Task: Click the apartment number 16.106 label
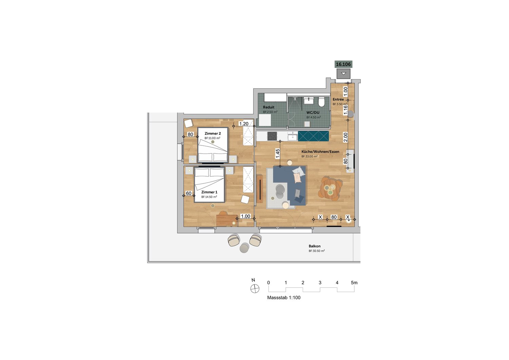click(343, 65)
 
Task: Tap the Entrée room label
click(338, 100)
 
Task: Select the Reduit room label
click(269, 107)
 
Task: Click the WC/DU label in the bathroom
click(313, 112)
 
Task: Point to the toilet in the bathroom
click(322, 102)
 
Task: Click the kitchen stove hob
click(272, 136)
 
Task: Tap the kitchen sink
click(293, 137)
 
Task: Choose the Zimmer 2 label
click(213, 133)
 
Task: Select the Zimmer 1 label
click(209, 192)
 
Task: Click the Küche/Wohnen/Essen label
click(320, 152)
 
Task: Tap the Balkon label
click(315, 246)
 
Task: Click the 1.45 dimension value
click(278, 154)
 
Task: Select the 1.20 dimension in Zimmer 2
click(244, 124)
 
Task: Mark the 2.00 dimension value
click(345, 137)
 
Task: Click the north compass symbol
click(255, 289)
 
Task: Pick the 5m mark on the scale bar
click(354, 283)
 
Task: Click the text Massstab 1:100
click(284, 298)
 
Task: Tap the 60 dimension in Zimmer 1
click(189, 193)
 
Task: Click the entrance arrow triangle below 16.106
click(343, 74)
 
